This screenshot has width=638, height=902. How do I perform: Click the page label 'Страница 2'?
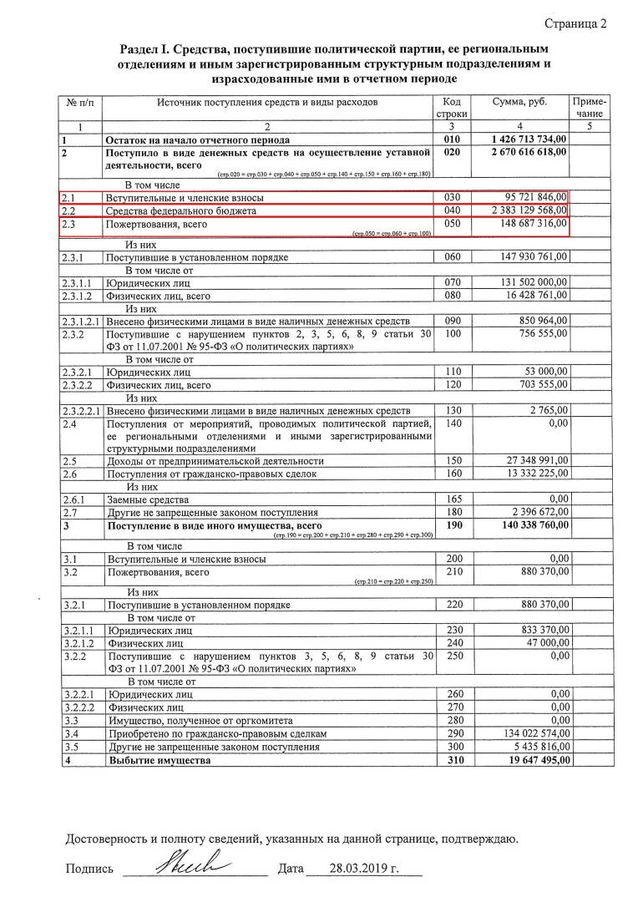575,23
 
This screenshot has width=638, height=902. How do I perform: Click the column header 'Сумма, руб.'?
519,101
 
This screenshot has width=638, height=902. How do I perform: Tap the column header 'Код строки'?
453,107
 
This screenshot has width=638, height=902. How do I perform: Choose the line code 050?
453,224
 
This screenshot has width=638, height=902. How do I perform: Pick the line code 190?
453,524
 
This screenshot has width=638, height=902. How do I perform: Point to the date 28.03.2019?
358,869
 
